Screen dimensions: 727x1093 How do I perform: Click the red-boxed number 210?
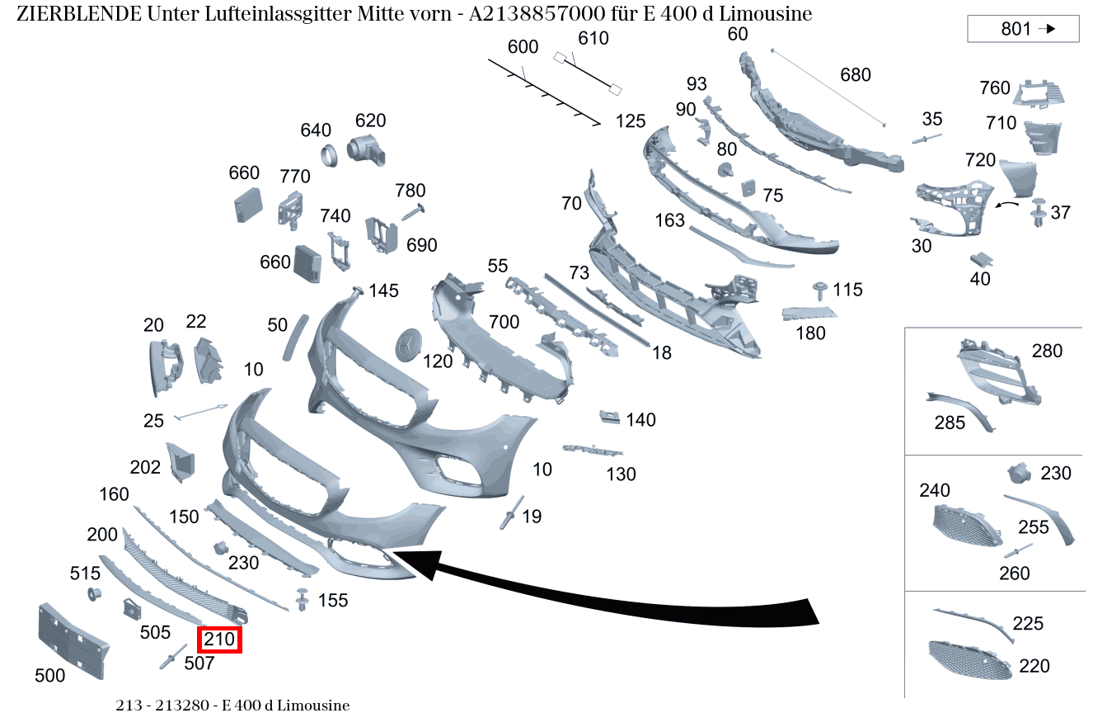[x=219, y=639]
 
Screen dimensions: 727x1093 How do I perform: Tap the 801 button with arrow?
[x=1023, y=29]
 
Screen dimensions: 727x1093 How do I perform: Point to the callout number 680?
[x=855, y=75]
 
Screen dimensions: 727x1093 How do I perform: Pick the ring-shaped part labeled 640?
[x=328, y=154]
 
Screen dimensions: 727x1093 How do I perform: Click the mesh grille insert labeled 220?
[x=969, y=660]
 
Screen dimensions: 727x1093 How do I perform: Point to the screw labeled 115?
[x=820, y=290]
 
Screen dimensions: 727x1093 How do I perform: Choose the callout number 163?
[x=670, y=220]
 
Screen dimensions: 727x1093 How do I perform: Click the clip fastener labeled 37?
[x=1037, y=213]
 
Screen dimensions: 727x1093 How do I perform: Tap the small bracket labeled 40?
[x=980, y=260]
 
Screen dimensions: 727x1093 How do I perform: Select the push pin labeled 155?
[x=303, y=600]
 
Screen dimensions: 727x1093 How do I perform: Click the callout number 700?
[x=504, y=321]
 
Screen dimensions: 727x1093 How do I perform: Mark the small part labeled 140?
[x=609, y=416]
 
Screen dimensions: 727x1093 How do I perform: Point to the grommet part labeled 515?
[x=93, y=594]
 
